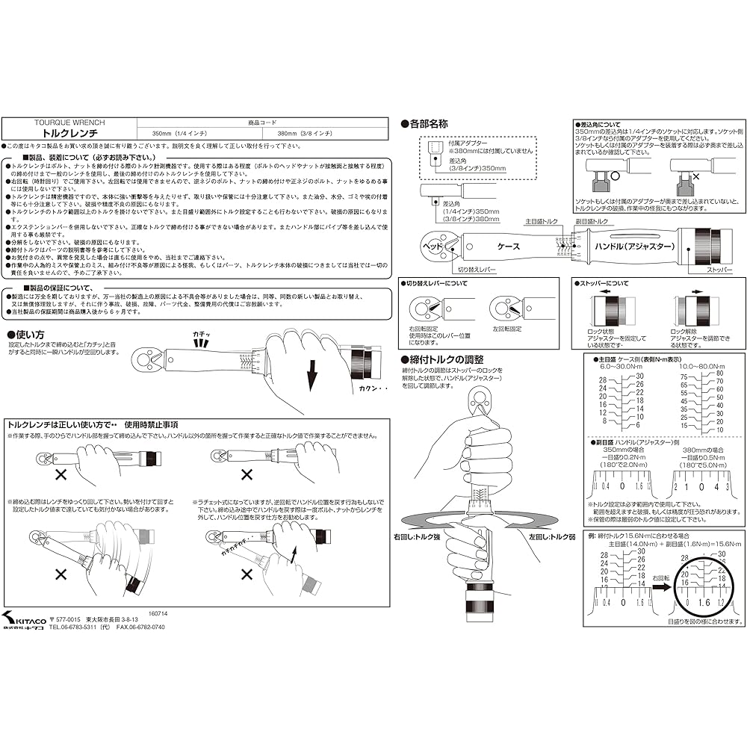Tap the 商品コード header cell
point(262,121)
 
